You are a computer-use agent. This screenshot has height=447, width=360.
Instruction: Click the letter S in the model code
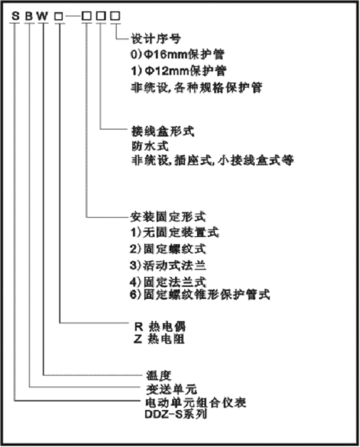(x=16, y=16)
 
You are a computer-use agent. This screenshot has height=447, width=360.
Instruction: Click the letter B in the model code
(x=29, y=16)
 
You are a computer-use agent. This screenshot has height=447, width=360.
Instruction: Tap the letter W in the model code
(x=43, y=16)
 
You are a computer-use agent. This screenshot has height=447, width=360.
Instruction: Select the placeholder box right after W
(x=58, y=16)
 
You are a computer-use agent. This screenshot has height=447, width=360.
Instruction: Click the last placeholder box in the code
(x=115, y=16)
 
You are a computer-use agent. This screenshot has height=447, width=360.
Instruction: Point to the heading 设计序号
(x=156, y=38)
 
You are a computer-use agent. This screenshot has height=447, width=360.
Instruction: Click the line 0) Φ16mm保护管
(x=177, y=54)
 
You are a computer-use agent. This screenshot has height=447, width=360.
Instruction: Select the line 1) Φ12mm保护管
(x=179, y=70)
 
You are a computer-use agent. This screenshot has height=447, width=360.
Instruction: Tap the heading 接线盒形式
(x=162, y=132)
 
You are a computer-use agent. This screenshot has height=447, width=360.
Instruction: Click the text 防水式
(x=150, y=146)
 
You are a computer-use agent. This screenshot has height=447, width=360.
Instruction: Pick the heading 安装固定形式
(x=168, y=217)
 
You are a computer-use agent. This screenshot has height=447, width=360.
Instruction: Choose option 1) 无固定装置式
(x=174, y=233)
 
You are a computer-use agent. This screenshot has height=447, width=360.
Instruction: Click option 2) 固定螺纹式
(x=168, y=249)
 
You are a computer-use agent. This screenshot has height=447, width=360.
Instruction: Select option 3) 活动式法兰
(x=168, y=265)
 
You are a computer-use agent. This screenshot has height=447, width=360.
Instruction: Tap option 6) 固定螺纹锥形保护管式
(x=200, y=295)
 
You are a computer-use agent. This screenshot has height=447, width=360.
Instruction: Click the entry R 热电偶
(x=160, y=327)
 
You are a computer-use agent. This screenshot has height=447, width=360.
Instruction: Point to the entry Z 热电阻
(x=159, y=340)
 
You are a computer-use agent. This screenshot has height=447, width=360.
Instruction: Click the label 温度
(x=159, y=375)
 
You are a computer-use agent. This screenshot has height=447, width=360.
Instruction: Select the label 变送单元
(x=171, y=389)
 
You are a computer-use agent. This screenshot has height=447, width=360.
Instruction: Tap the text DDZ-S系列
(x=176, y=414)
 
